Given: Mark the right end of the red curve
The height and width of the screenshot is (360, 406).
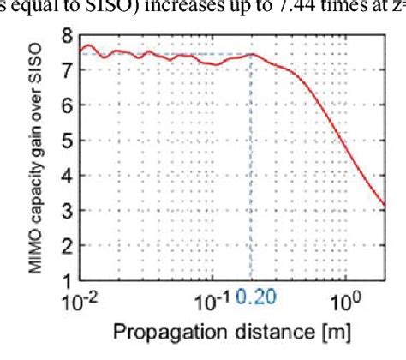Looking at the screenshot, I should pyautogui.click(x=386, y=206).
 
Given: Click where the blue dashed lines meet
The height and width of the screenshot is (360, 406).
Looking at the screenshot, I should pyautogui.click(x=250, y=55).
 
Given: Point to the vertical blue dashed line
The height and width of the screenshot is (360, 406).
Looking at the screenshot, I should pyautogui.click(x=250, y=171).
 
